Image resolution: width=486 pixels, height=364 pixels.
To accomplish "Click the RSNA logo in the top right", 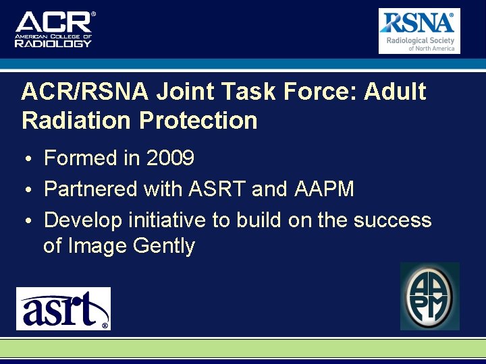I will tap(418, 30).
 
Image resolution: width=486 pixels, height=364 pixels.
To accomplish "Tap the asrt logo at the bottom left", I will tap(63, 309).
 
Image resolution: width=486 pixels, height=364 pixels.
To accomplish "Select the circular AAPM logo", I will tap(430, 297).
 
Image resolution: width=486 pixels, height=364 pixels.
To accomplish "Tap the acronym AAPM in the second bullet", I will tap(324, 189).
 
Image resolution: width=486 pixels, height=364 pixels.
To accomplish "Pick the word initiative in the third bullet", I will tap(173, 220).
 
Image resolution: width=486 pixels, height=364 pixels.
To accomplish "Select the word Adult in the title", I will tap(395, 92).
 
